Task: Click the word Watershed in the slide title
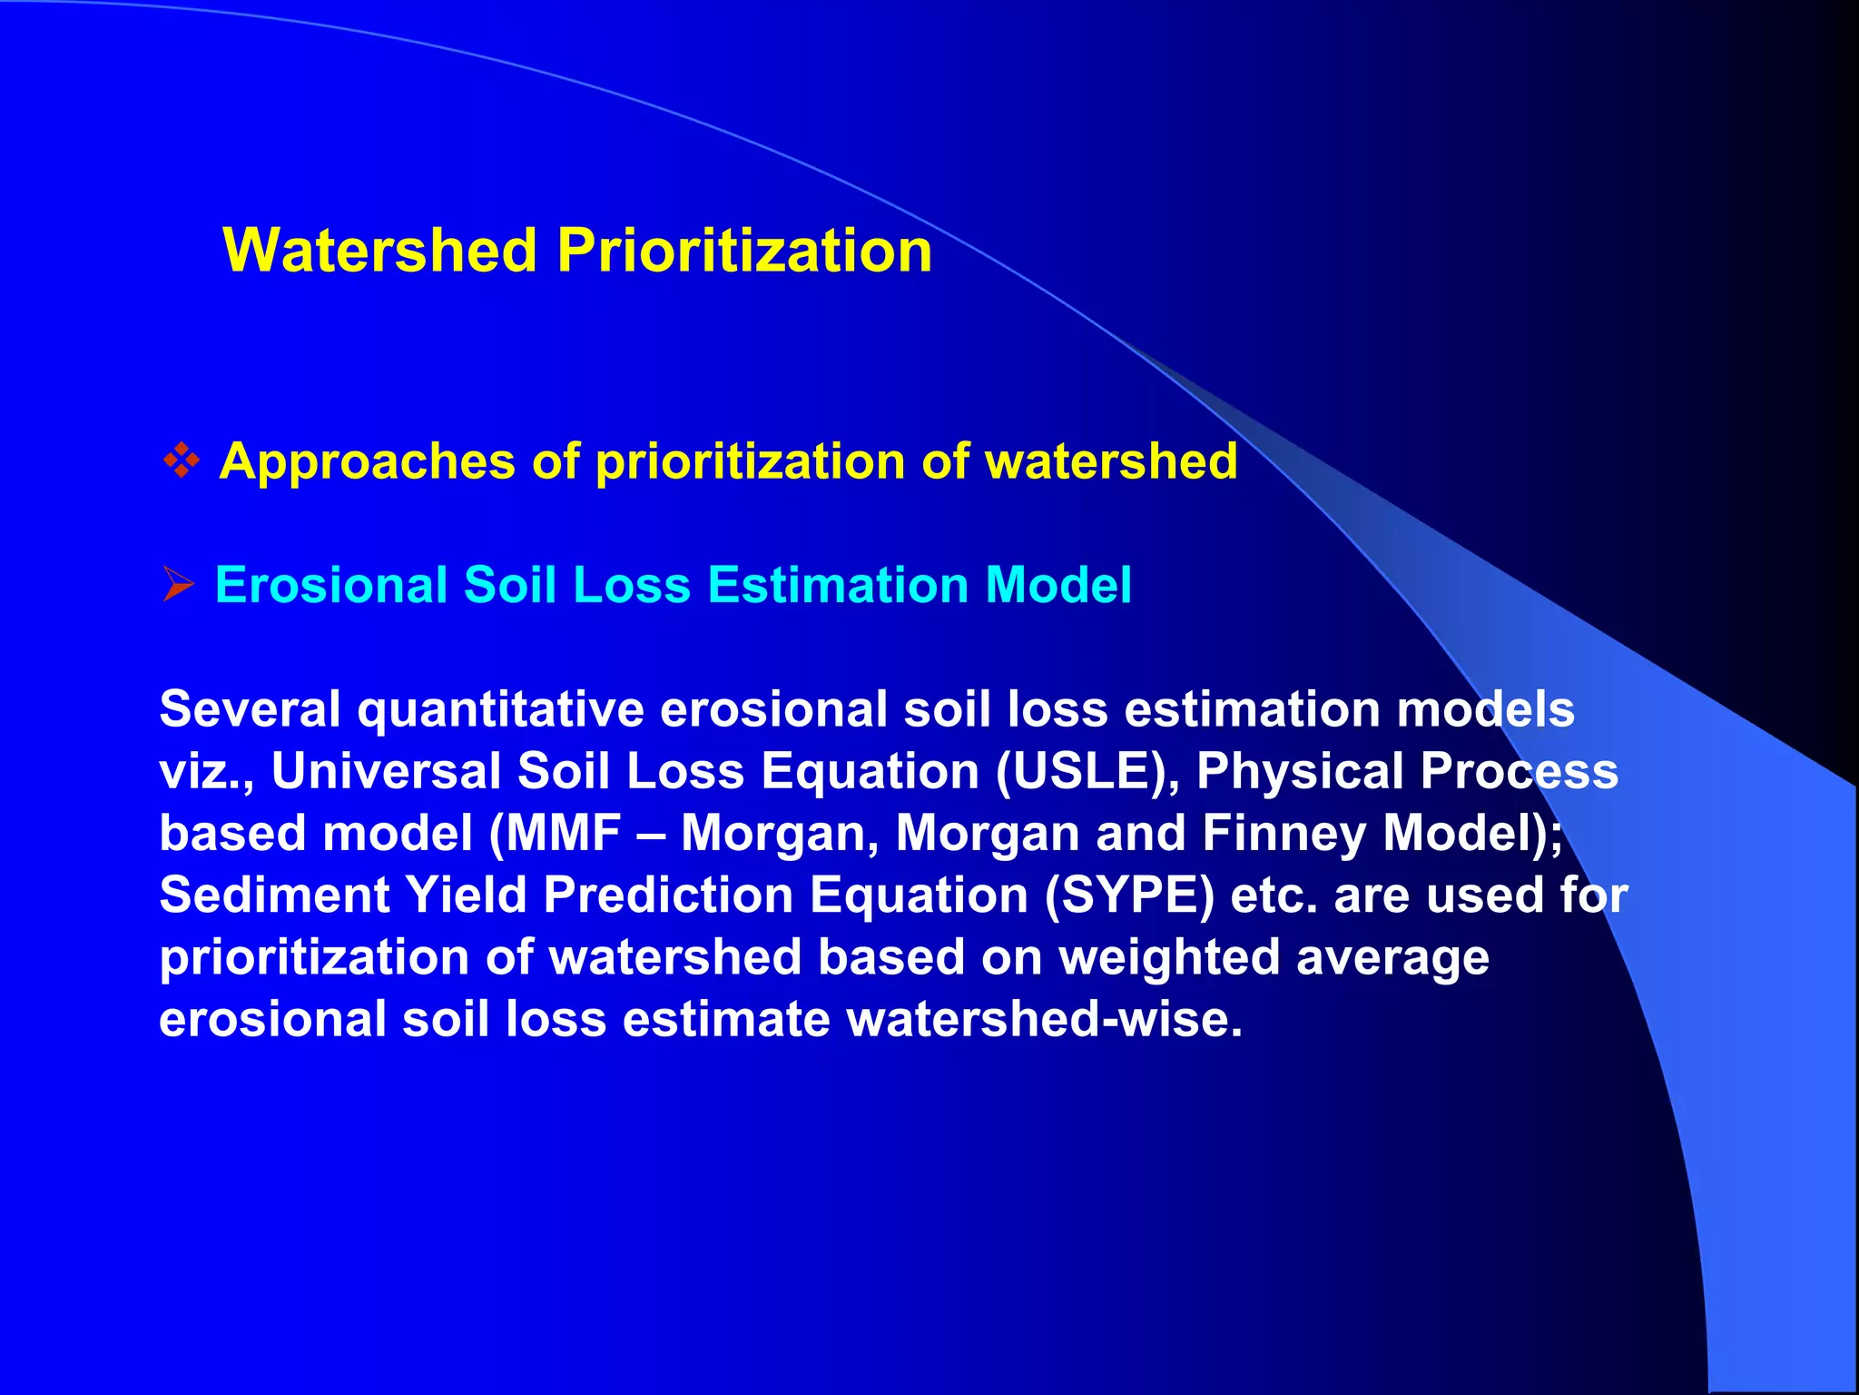tap(379, 250)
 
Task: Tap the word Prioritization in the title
tap(744, 250)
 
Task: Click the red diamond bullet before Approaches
tap(182, 460)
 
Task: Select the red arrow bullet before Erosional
tap(178, 584)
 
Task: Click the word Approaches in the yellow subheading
tap(367, 461)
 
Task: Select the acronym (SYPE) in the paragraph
tap(1129, 895)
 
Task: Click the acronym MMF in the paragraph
tap(564, 833)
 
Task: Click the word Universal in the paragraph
tap(386, 771)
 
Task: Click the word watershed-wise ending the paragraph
tap(1044, 1019)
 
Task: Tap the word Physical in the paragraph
tap(1300, 771)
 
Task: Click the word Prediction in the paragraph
tap(668, 895)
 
